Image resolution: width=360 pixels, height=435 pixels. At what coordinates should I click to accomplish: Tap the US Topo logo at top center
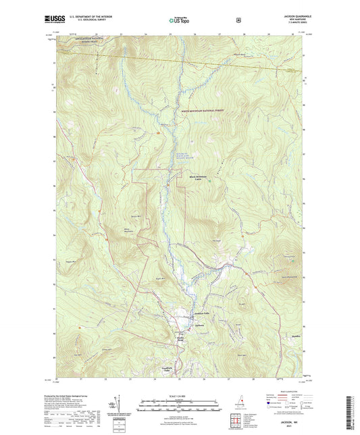click(179, 21)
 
